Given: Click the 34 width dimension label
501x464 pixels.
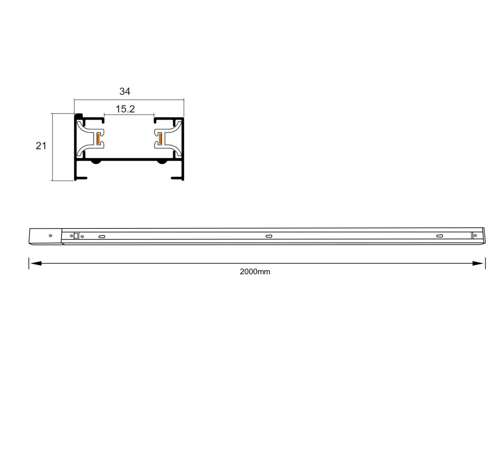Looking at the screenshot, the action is tap(125, 91).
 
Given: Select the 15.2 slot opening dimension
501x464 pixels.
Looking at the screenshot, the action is tap(125, 109).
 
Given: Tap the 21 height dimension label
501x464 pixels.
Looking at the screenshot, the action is tap(41, 146).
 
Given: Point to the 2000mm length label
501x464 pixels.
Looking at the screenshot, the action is tap(255, 272).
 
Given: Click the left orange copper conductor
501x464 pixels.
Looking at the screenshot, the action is tap(98, 139).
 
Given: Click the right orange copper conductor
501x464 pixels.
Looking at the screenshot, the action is tap(160, 139).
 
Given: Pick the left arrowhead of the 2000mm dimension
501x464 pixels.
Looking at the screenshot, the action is tap(36, 264).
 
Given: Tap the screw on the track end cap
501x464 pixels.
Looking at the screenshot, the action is tap(50, 236).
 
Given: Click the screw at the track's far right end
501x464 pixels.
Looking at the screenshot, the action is tap(475, 236).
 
